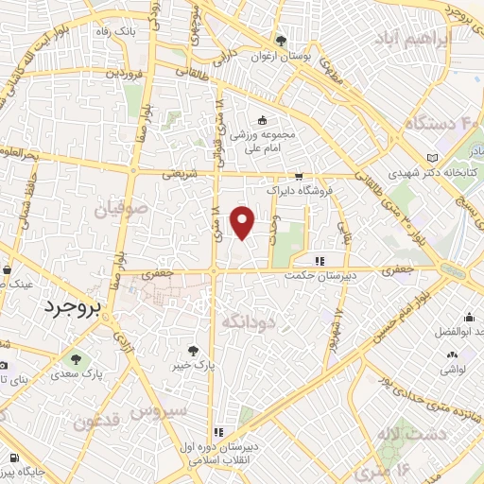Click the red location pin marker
[243, 222]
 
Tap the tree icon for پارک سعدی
[75, 358]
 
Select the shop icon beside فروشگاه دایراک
[299, 176]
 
